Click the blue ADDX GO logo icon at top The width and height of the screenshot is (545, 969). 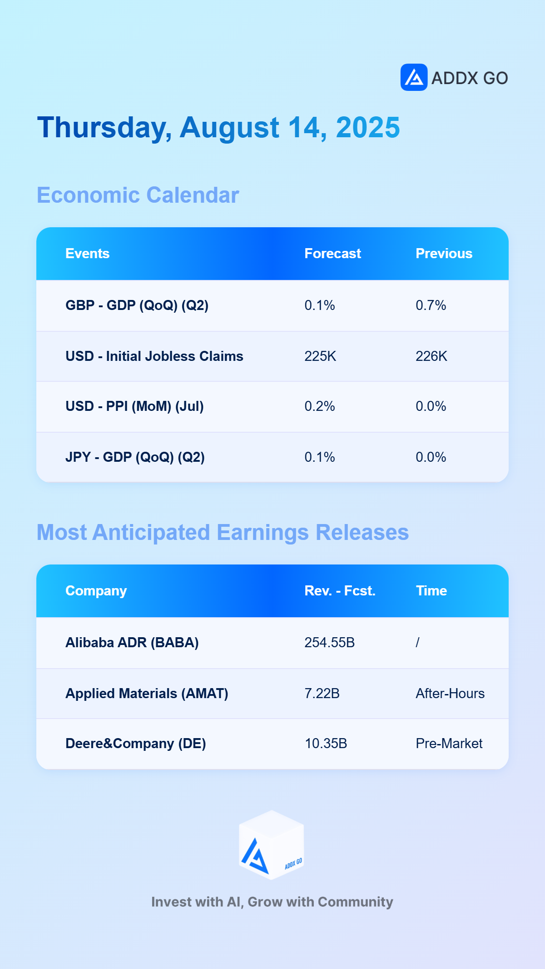(414, 77)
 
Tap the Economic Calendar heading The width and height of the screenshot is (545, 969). (138, 195)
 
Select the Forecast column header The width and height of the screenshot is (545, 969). (332, 254)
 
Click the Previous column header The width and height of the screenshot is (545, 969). (444, 254)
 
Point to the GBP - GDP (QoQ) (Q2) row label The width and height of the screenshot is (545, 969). (137, 305)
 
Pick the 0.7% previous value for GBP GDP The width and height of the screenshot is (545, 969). (431, 305)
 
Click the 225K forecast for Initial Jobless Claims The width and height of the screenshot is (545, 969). (320, 356)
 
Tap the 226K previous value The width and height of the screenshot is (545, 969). (431, 356)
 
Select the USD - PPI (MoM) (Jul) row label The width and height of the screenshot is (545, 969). (134, 406)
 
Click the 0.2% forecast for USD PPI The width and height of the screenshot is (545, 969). (319, 406)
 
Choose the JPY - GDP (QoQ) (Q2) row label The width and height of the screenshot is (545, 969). (135, 457)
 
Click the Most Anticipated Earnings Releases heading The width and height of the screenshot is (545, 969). (223, 532)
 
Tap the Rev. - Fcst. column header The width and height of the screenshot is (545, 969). (340, 591)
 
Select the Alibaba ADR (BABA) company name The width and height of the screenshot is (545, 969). (132, 643)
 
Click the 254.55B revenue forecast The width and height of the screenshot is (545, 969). (329, 643)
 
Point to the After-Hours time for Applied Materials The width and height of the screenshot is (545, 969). (450, 694)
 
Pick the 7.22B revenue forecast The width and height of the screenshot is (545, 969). (322, 694)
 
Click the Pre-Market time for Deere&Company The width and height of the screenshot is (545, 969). (449, 744)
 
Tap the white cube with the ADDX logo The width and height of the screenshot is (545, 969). (272, 845)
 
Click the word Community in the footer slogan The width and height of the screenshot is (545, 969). (355, 902)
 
